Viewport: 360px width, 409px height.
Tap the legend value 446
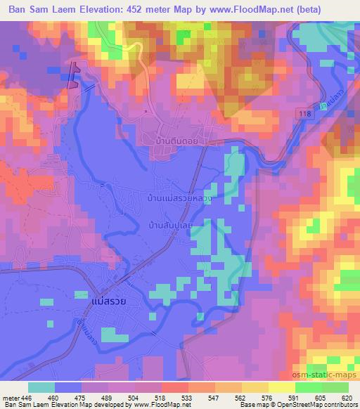coord(27,397)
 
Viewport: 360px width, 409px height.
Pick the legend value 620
coord(346,397)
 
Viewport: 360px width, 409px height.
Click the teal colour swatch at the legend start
coord(41,387)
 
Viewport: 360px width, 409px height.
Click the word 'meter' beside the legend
coord(10,397)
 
